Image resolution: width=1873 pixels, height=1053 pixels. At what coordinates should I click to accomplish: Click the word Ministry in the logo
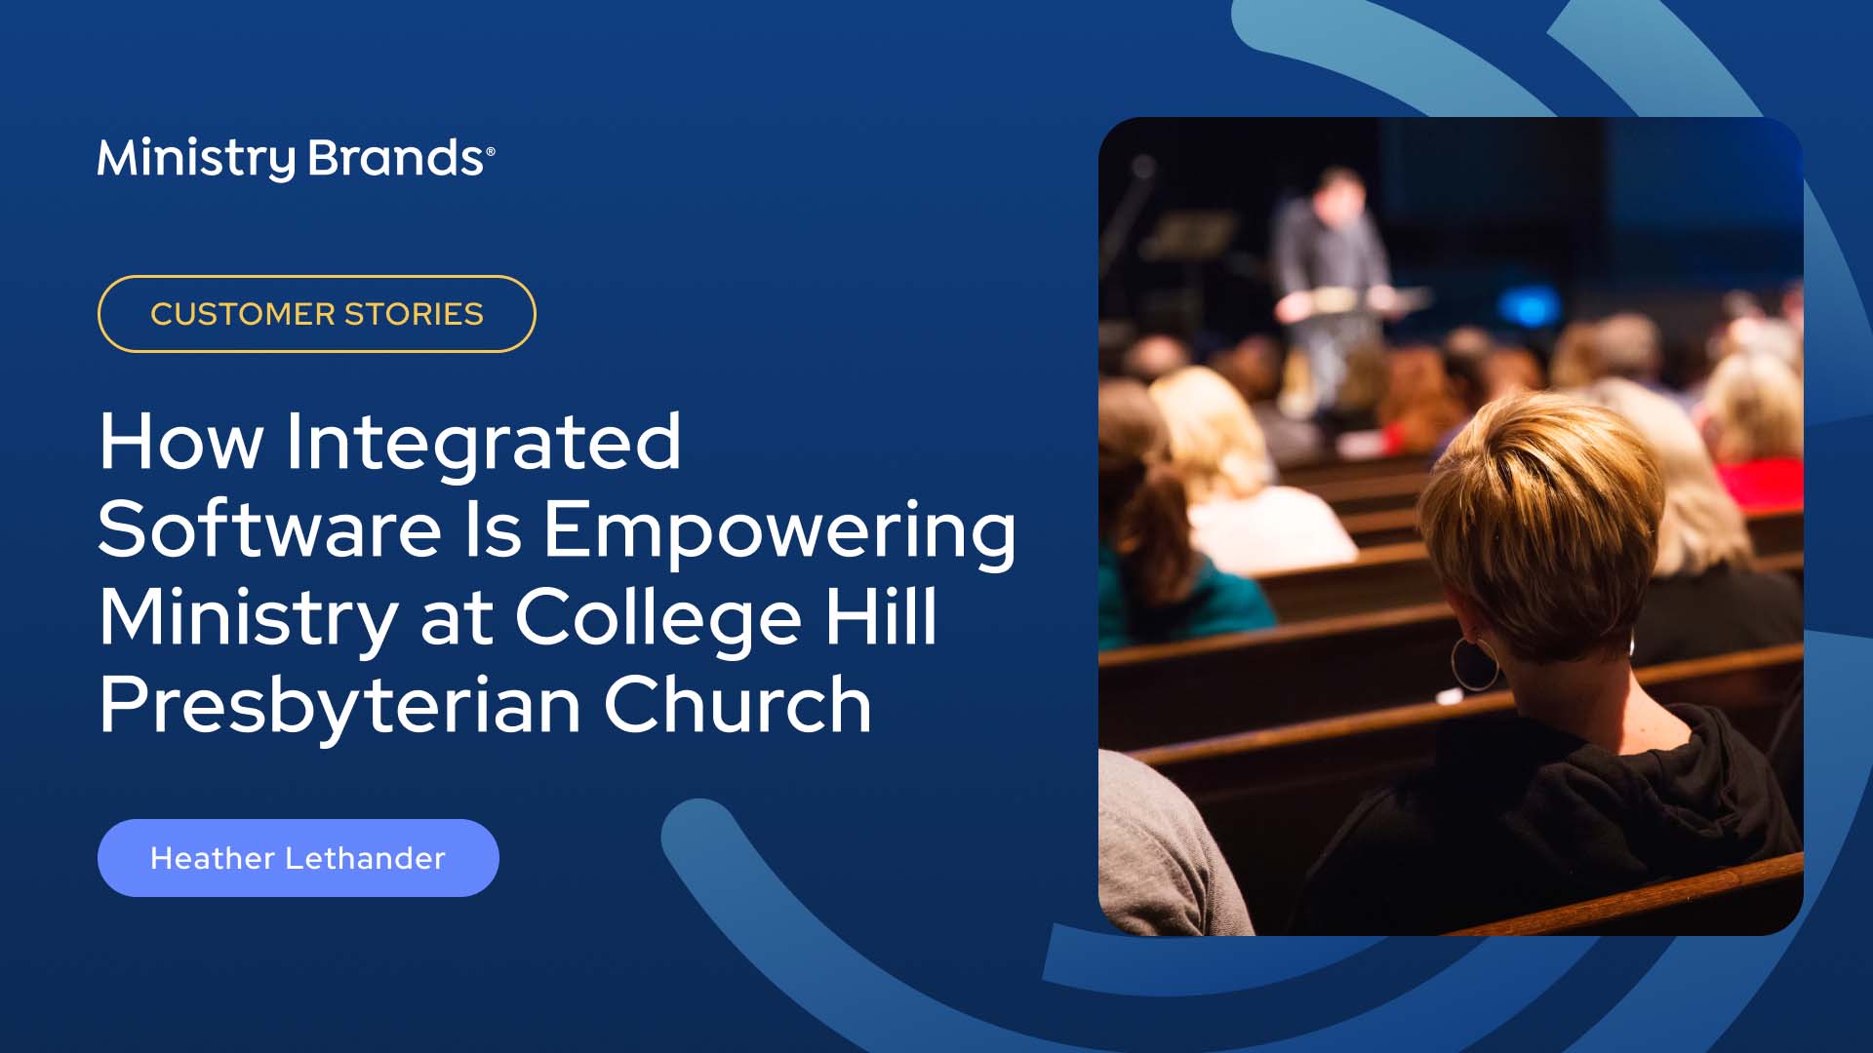tap(195, 158)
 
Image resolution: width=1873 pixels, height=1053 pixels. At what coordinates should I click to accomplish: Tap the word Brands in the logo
tap(395, 158)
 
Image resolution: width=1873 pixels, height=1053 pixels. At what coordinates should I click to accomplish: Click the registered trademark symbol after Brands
tap(491, 151)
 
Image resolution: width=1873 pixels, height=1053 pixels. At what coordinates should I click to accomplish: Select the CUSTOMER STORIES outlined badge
tap(316, 314)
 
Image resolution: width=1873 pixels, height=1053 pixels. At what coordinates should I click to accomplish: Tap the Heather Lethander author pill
tap(298, 858)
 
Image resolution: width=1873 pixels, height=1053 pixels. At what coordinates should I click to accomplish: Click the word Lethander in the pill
tap(365, 858)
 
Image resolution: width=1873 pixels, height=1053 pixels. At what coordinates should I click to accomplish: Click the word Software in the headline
tap(269, 529)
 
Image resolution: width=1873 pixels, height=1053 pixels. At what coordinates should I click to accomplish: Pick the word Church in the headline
tap(737, 705)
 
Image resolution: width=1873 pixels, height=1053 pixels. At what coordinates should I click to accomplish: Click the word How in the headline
tap(180, 442)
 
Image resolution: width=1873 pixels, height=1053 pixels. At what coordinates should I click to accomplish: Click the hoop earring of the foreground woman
tap(1474, 663)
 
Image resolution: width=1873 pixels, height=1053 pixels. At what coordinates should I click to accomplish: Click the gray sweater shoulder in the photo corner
tap(1161, 848)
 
